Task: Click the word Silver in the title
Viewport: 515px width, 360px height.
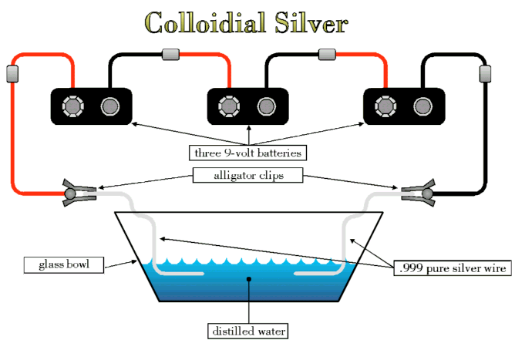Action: click(311, 23)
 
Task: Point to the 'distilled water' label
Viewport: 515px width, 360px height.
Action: click(248, 331)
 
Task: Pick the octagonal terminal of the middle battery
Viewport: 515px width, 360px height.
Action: click(230, 105)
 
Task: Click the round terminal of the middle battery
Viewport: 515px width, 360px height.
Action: click(266, 105)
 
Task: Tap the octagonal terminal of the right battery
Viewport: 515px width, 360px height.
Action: click(383, 105)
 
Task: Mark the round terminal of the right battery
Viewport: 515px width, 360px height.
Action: click(421, 105)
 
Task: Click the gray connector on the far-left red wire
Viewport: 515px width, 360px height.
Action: click(12, 74)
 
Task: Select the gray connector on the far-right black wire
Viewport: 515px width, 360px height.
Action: click(486, 74)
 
